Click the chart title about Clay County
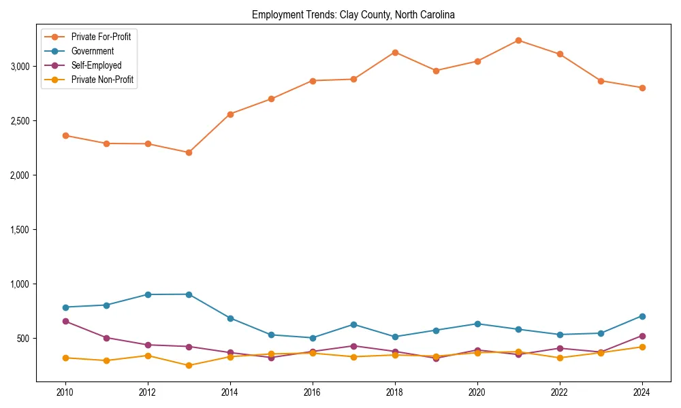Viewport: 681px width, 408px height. [353, 14]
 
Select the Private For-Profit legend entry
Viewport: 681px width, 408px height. [101, 37]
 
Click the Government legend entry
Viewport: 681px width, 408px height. [93, 51]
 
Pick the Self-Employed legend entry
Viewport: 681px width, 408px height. [96, 65]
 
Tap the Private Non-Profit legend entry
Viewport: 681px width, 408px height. [102, 80]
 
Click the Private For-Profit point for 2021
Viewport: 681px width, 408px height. [518, 40]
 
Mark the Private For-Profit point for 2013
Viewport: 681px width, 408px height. [189, 152]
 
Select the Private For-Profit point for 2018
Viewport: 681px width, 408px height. [395, 52]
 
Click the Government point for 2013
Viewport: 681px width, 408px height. [189, 294]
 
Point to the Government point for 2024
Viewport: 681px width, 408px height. [642, 316]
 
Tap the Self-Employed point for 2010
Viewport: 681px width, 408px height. [65, 321]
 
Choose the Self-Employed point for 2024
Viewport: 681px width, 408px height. [642, 336]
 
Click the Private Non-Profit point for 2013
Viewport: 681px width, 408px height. [189, 366]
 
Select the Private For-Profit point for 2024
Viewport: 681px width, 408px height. [642, 88]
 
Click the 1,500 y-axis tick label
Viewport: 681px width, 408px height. [20, 230]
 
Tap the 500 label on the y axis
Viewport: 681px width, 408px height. [24, 339]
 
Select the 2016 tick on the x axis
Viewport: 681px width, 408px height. [313, 392]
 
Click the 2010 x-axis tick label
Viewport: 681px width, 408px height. [65, 392]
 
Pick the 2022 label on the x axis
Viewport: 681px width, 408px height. [560, 392]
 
